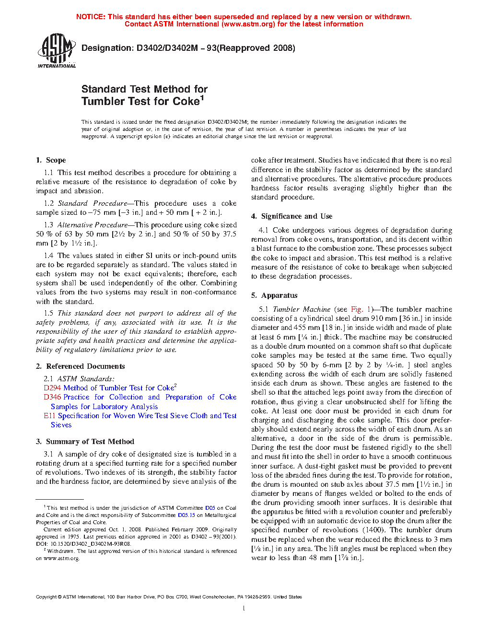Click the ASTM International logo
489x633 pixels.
tap(57, 50)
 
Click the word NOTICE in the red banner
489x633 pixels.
tap(91, 17)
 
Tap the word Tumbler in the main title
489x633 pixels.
tap(103, 101)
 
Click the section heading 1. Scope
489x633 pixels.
tap(51, 160)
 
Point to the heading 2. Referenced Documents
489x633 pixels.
tap(80, 366)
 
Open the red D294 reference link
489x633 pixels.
tap(52, 388)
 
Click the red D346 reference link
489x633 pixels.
tap(52, 397)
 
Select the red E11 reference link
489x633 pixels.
tap(49, 416)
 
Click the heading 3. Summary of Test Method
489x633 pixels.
tap(85, 442)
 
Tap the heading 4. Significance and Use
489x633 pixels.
tap(291, 216)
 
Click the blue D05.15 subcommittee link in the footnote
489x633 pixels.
tap(186, 515)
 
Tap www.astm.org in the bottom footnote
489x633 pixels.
tap(61, 558)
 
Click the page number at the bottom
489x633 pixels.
tap(244, 609)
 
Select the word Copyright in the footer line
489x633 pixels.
tap(46, 597)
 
